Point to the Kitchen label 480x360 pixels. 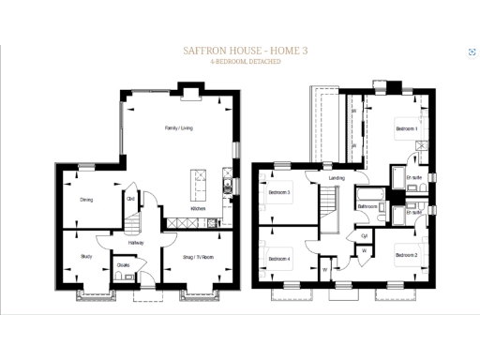coord(198,209)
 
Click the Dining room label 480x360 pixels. coord(85,199)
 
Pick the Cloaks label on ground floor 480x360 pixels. coord(124,265)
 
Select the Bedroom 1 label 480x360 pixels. coord(406,127)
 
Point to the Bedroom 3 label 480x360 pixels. coord(278,193)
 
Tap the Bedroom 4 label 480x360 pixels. coord(278,258)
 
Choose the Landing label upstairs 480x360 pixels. coord(337,178)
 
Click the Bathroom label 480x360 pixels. coord(367,206)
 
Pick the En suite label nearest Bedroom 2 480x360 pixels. coord(413,212)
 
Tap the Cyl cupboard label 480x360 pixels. coord(365,236)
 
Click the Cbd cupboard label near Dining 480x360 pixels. coord(130,198)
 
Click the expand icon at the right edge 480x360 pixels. coord(471,52)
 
